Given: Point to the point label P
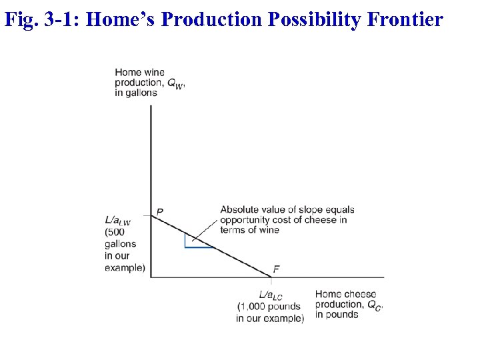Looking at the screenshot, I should click(160, 212).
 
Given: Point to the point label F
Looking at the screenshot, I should click(276, 269).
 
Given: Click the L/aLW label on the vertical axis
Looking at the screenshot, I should click(117, 220).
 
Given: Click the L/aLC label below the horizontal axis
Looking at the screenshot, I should click(271, 295).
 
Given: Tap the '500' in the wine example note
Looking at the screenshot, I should click(115, 232).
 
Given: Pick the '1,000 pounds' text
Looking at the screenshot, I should click(270, 306).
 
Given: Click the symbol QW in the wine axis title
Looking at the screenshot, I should click(175, 84).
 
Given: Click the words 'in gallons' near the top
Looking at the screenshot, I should click(136, 93).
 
